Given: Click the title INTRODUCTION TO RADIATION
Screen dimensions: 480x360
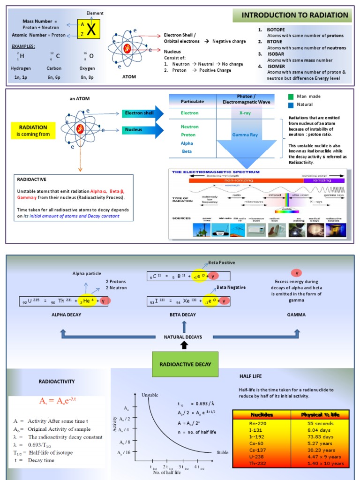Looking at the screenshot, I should coord(295,15).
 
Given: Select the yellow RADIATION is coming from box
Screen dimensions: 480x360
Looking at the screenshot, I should coord(33,130).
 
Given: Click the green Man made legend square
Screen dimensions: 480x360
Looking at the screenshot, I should coord(291,97).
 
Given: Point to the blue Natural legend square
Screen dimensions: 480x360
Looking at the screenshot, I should coord(291,105).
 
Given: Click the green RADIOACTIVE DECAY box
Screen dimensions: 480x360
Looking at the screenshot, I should coord(185,364).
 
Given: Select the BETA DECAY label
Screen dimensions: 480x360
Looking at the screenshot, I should coord(183,315).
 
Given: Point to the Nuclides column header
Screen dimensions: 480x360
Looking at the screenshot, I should coord(262,415).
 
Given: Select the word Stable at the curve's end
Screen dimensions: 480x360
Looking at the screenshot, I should coord(222,453).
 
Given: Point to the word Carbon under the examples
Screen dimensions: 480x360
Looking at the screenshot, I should coord(54,68).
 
